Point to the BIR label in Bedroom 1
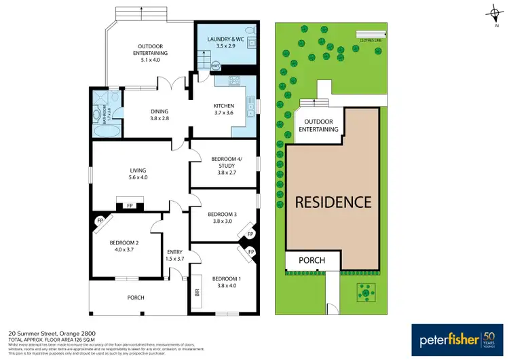pyautogui.click(x=197, y=293)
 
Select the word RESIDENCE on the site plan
pyautogui.click(x=332, y=202)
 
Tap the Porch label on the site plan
pyautogui.click(x=312, y=260)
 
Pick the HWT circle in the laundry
pyautogui.click(x=216, y=66)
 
